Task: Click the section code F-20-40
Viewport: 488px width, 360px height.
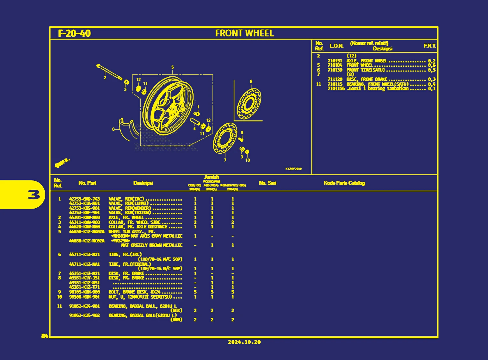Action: (74, 34)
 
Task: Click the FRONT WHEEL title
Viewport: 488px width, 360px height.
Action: (244, 33)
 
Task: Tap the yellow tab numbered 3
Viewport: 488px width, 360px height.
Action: (34, 194)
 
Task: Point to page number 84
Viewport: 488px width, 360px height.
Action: (45, 336)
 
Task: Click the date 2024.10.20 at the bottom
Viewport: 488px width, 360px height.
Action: (244, 342)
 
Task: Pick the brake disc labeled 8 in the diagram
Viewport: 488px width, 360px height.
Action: (249, 104)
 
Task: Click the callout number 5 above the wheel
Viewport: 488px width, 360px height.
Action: (172, 67)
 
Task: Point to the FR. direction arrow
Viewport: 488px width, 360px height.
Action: (62, 163)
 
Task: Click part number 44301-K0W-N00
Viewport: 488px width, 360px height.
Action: (85, 218)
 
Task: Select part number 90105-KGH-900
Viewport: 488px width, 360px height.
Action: (85, 292)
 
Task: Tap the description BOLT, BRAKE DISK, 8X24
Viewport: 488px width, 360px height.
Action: (134, 292)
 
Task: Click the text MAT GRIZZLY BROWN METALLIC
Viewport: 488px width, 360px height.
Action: (152, 245)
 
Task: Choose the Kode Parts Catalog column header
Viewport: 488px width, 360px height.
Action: (344, 183)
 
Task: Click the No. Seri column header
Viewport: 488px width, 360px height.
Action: (268, 183)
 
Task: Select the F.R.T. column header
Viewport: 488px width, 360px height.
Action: (430, 46)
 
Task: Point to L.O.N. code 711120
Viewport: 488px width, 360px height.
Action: (335, 79)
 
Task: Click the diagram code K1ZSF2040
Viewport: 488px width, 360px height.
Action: (293, 169)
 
